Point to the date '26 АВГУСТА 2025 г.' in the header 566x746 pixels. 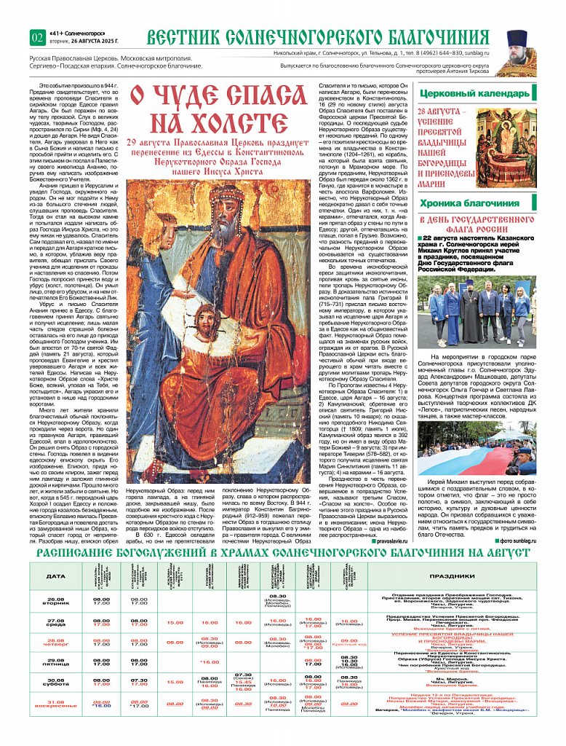click(88, 42)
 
